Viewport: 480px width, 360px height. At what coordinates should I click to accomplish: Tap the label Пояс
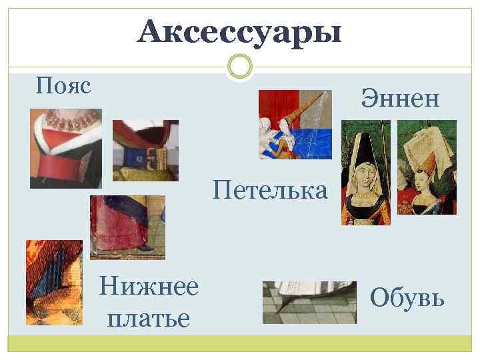(x=63, y=85)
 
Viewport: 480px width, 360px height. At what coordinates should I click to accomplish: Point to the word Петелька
(x=270, y=191)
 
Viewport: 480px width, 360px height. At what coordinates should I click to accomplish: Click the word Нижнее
(x=148, y=287)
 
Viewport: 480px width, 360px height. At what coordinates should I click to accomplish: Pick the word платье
(x=148, y=316)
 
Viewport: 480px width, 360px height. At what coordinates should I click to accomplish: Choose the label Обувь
(x=407, y=297)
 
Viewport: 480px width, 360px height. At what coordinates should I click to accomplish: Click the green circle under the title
(x=239, y=66)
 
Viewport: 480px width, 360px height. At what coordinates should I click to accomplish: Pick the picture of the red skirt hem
(x=127, y=227)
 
